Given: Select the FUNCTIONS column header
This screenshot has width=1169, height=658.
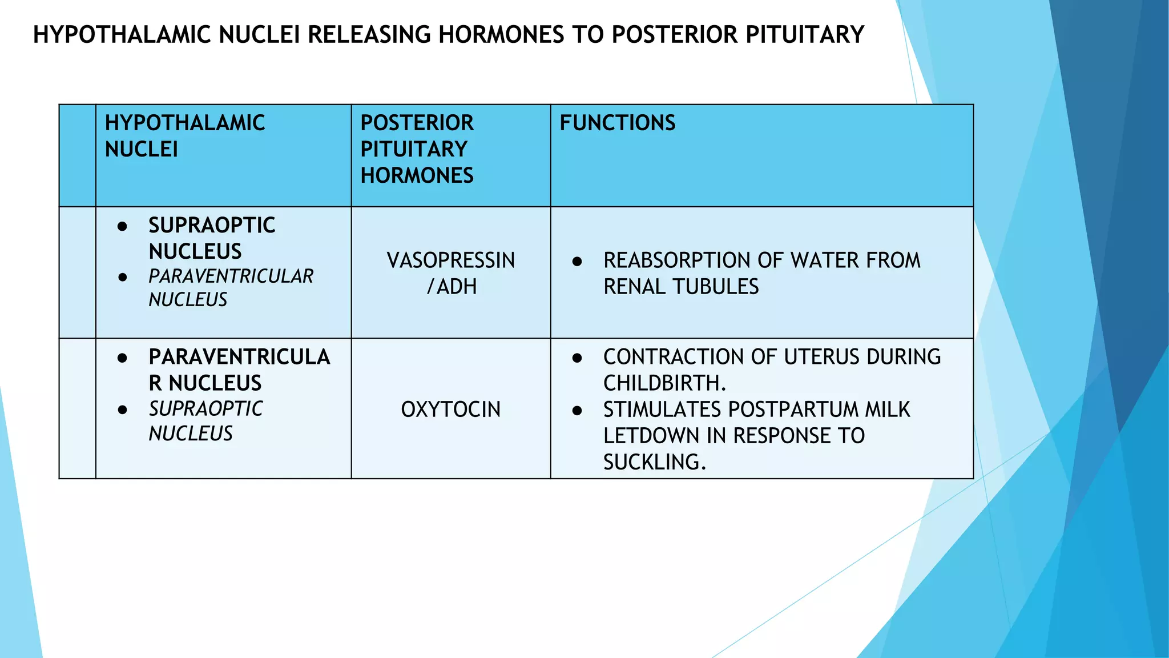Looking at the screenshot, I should [617, 123].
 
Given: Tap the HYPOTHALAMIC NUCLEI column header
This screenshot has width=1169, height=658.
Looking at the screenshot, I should [184, 136].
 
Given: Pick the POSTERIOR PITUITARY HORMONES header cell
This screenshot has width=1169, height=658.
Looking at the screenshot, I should [417, 149].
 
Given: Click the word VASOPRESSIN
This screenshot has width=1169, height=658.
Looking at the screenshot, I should [450, 260].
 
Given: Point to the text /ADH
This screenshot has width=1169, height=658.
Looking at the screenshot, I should [452, 287].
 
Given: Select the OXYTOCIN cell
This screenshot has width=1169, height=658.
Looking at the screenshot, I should [450, 410].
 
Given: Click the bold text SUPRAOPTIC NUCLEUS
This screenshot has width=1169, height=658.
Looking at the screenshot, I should [211, 238].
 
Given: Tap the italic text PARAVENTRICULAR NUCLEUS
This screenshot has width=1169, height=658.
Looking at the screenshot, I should [231, 288].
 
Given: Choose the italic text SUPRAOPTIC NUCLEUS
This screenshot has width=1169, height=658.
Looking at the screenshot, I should [205, 421].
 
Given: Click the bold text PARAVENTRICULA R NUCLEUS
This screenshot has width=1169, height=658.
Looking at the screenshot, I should [239, 370].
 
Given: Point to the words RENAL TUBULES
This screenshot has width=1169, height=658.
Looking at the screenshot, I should [681, 287].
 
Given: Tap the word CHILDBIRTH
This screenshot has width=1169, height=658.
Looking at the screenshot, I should [663, 383].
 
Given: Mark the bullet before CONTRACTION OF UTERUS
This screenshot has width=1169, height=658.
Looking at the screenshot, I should [577, 358].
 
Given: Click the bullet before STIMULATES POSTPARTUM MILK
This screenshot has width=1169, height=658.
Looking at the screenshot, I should [577, 411].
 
